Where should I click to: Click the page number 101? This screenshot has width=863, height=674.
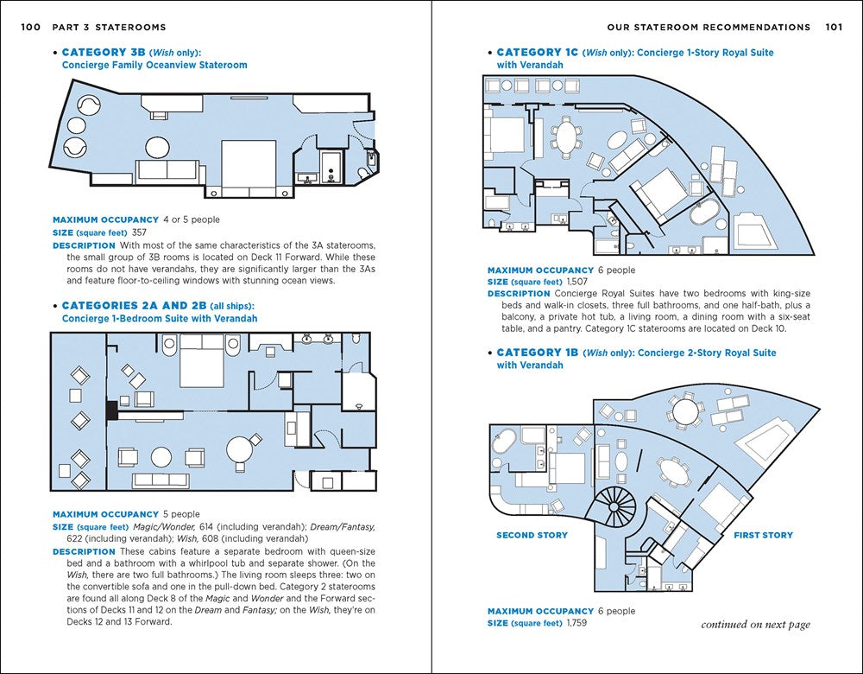833,27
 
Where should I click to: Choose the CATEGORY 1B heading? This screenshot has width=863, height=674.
537,353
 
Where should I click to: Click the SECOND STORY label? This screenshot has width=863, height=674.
532,535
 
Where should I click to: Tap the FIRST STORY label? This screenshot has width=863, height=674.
763,535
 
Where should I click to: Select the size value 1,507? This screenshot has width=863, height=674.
576,282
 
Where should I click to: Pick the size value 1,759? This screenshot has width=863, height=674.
576,622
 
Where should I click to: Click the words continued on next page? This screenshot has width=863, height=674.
755,624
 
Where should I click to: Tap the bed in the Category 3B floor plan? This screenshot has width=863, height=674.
249,164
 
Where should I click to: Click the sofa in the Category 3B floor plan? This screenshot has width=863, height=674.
167,169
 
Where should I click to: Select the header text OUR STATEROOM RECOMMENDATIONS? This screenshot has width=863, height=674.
709,27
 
